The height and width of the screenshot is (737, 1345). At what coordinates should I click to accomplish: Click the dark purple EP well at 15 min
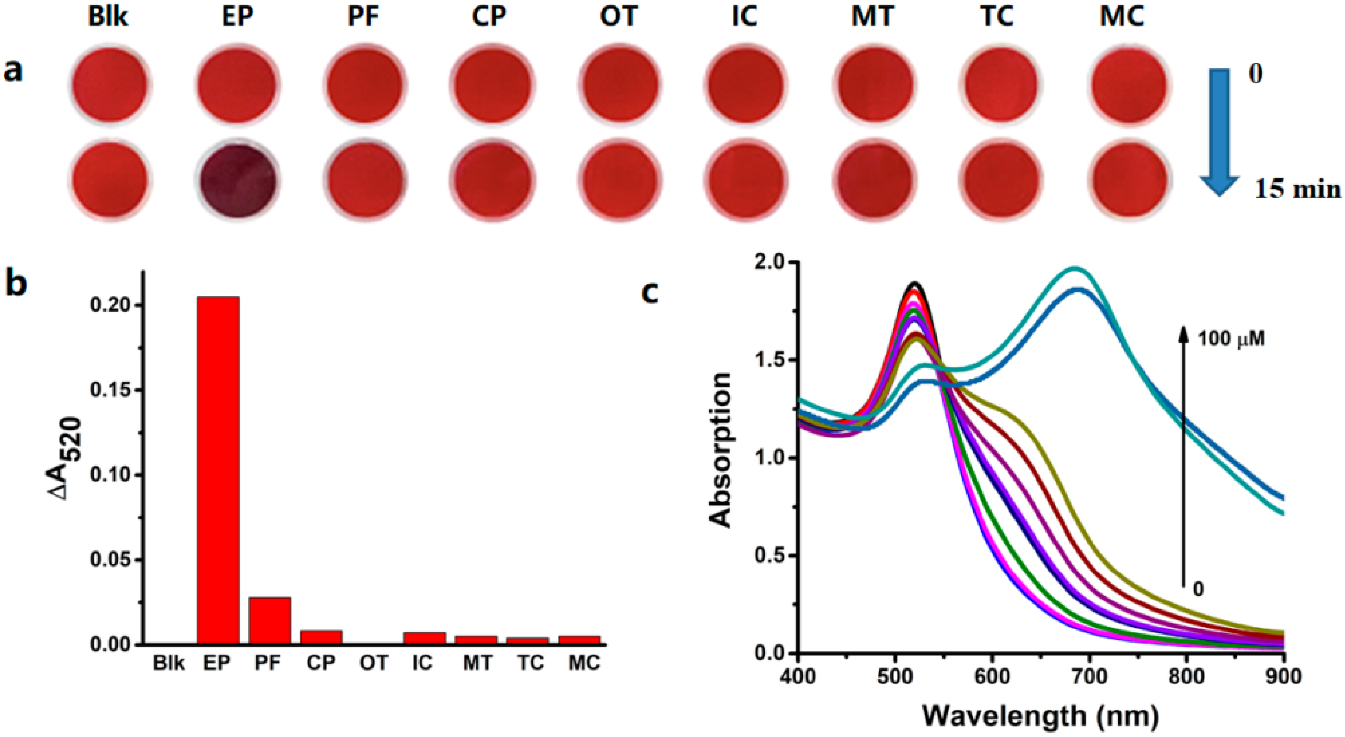click(x=238, y=180)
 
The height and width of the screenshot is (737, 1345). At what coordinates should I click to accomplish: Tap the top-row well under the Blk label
click(x=110, y=84)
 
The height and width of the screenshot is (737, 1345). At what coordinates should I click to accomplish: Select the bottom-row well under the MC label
click(x=1129, y=180)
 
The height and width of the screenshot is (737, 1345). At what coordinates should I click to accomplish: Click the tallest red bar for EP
click(x=218, y=470)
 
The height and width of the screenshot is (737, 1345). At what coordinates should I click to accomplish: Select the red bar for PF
click(x=269, y=621)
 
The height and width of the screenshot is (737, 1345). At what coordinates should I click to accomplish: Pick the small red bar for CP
click(x=321, y=638)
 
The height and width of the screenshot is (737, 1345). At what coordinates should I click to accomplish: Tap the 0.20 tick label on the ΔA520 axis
click(x=111, y=305)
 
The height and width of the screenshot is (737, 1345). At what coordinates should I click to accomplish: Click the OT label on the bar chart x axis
click(x=374, y=664)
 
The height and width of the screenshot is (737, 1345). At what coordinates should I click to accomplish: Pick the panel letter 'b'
click(x=16, y=287)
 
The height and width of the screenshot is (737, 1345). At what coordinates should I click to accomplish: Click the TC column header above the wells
click(x=996, y=16)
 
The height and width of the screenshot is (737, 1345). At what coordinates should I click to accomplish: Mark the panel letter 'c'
click(x=650, y=294)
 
